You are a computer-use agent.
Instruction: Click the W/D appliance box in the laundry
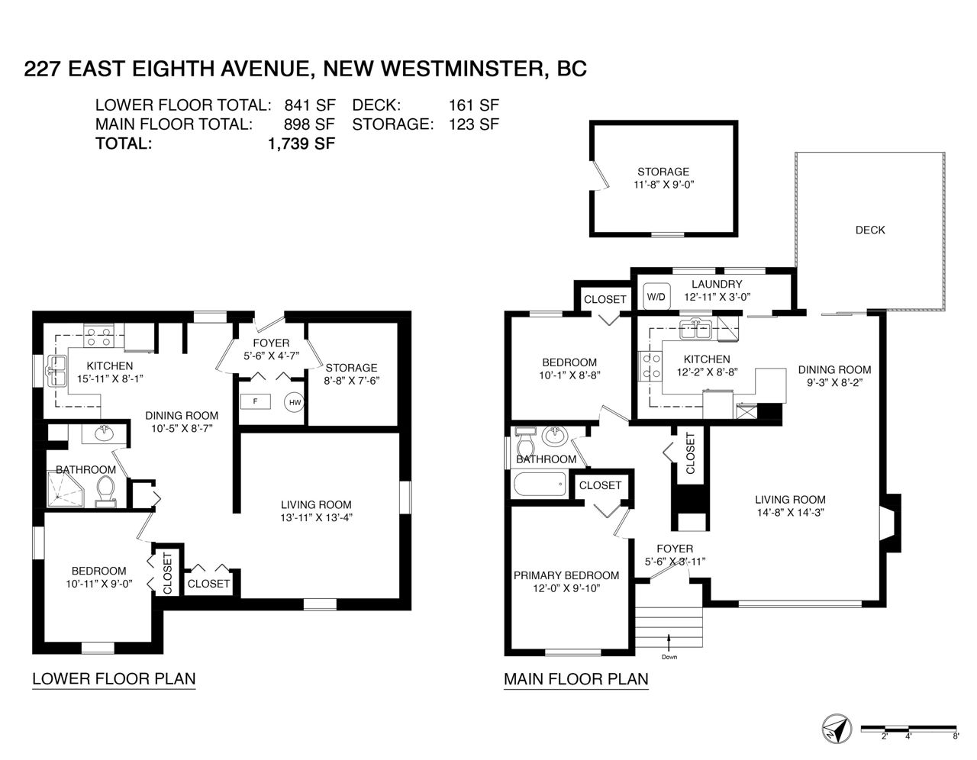pyautogui.click(x=656, y=297)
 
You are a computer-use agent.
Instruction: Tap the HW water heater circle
pyautogui.click(x=295, y=402)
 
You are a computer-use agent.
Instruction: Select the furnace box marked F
pyautogui.click(x=256, y=401)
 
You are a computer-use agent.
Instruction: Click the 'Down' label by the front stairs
pyautogui.click(x=669, y=657)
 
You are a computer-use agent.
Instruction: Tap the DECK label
pyautogui.click(x=870, y=230)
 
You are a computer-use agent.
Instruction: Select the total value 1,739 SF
pyautogui.click(x=301, y=143)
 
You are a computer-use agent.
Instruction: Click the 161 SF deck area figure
pyautogui.click(x=474, y=105)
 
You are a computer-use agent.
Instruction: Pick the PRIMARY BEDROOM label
pyautogui.click(x=566, y=575)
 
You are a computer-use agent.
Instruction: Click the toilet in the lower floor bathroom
pyautogui.click(x=107, y=491)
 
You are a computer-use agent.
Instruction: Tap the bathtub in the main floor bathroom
pyautogui.click(x=540, y=484)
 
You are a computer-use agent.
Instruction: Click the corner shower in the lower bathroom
pyautogui.click(x=66, y=489)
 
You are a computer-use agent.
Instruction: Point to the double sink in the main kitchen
pyautogui.click(x=695, y=329)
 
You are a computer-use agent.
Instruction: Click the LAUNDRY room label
pyautogui.click(x=717, y=284)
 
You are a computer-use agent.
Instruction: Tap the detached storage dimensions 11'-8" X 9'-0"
pyautogui.click(x=664, y=184)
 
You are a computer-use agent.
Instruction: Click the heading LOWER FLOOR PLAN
pyautogui.click(x=114, y=678)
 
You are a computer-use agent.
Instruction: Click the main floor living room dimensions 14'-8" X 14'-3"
pyautogui.click(x=791, y=512)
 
